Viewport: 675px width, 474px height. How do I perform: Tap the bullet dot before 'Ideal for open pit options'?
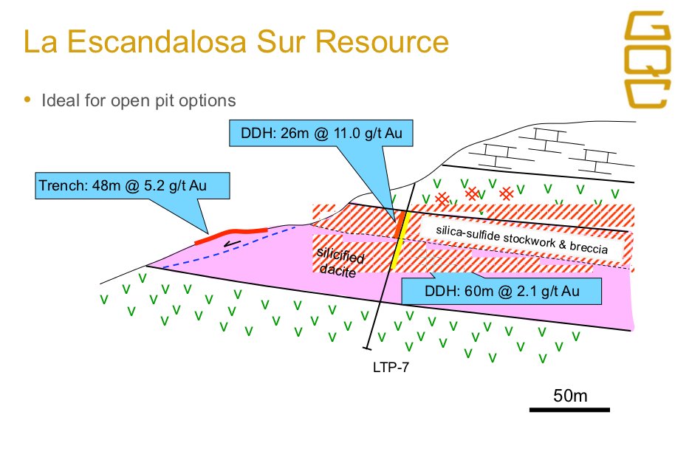28,100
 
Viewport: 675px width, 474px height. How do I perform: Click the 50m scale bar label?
570,395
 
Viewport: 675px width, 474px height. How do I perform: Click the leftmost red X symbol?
442,199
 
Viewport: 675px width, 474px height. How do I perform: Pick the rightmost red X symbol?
507,193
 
